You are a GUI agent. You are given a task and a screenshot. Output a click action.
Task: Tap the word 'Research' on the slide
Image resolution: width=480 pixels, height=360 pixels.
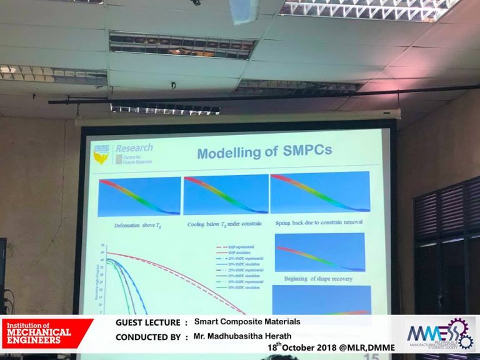click(134, 148)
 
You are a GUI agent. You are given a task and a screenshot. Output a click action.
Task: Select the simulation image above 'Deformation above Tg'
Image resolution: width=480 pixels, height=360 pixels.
click(138, 196)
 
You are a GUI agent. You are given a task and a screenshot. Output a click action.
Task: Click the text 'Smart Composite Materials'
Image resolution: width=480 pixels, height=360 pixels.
click(247, 322)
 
